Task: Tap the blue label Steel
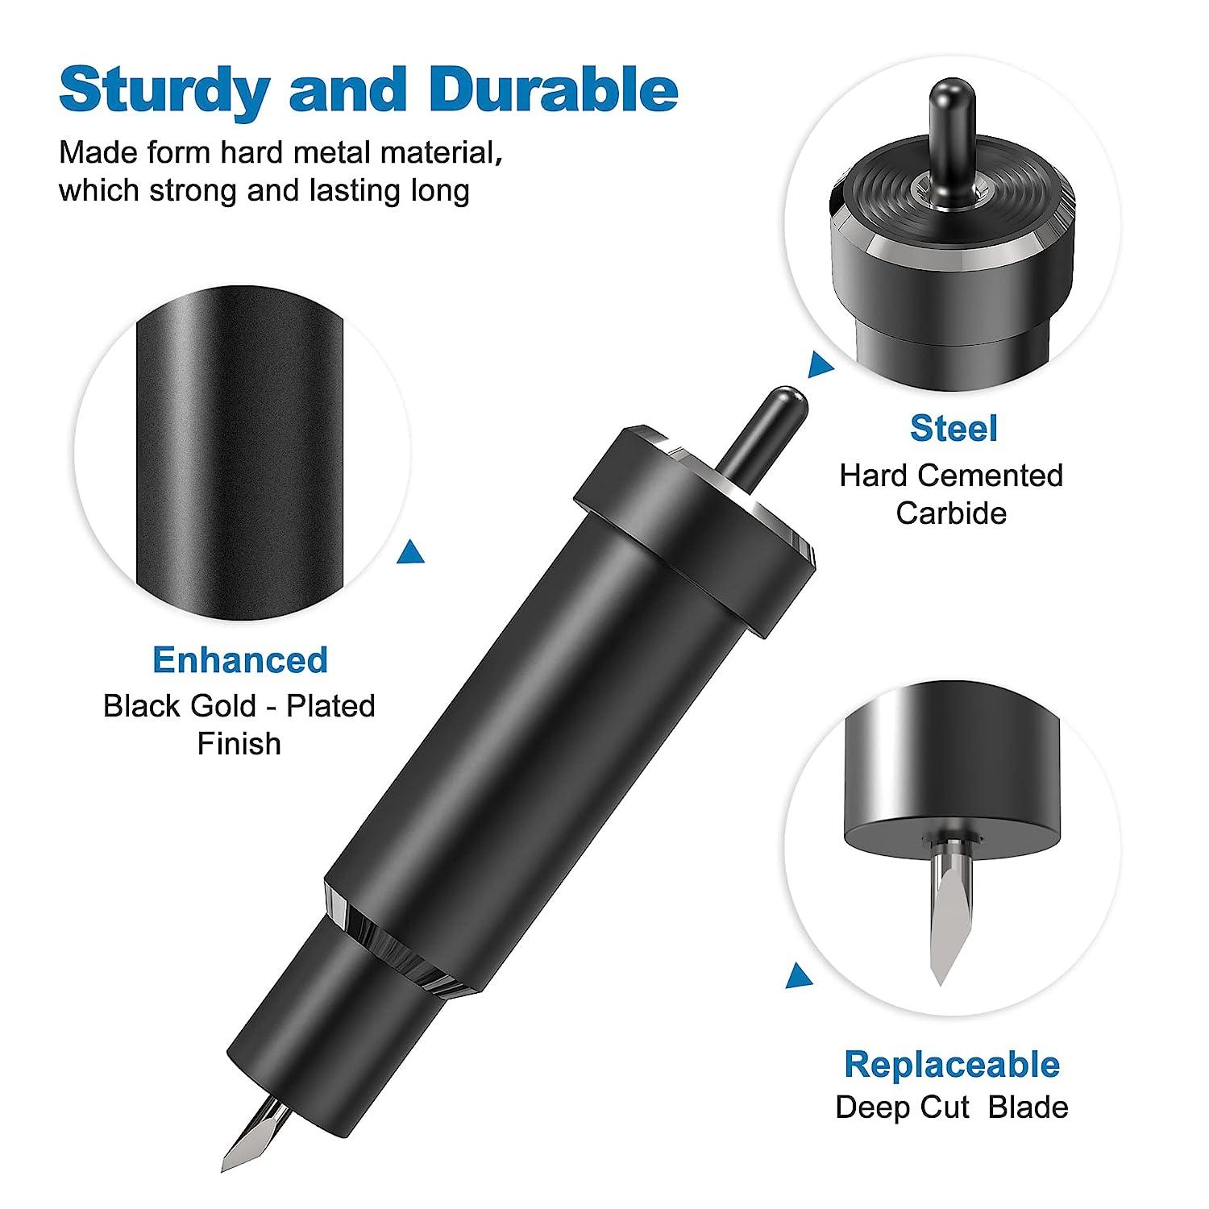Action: coord(953,429)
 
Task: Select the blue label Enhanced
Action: coord(240,660)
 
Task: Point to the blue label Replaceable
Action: coord(952,1065)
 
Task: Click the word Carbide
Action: coord(951,513)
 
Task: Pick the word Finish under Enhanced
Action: coord(239,743)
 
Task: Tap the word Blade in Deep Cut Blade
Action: coord(1028,1107)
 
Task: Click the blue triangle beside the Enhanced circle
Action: coord(412,552)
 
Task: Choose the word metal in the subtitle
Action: coord(331,152)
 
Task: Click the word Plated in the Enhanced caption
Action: coord(330,706)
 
